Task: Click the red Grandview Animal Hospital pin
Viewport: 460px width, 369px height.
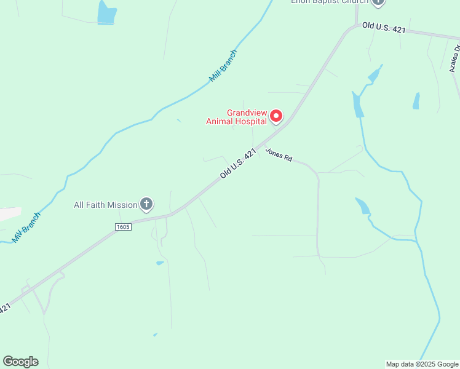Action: click(x=277, y=116)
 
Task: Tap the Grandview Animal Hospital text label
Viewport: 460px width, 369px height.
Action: click(x=246, y=117)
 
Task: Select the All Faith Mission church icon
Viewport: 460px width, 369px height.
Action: click(x=146, y=204)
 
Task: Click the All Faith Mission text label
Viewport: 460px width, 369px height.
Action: click(x=106, y=205)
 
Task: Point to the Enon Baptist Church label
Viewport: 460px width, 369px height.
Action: click(x=329, y=2)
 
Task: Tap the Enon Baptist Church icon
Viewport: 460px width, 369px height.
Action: click(x=378, y=2)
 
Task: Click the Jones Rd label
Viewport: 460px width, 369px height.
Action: click(x=279, y=154)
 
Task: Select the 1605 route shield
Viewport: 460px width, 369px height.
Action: click(x=123, y=227)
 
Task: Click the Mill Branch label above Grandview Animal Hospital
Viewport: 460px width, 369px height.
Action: click(x=223, y=66)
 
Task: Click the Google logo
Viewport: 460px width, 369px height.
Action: click(x=20, y=362)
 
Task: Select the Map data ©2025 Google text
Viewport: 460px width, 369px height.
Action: click(x=422, y=364)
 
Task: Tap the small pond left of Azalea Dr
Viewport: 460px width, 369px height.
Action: click(x=416, y=101)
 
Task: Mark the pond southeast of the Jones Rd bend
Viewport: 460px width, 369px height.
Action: click(x=363, y=205)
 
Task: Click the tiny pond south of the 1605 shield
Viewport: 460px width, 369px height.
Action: click(x=160, y=263)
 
